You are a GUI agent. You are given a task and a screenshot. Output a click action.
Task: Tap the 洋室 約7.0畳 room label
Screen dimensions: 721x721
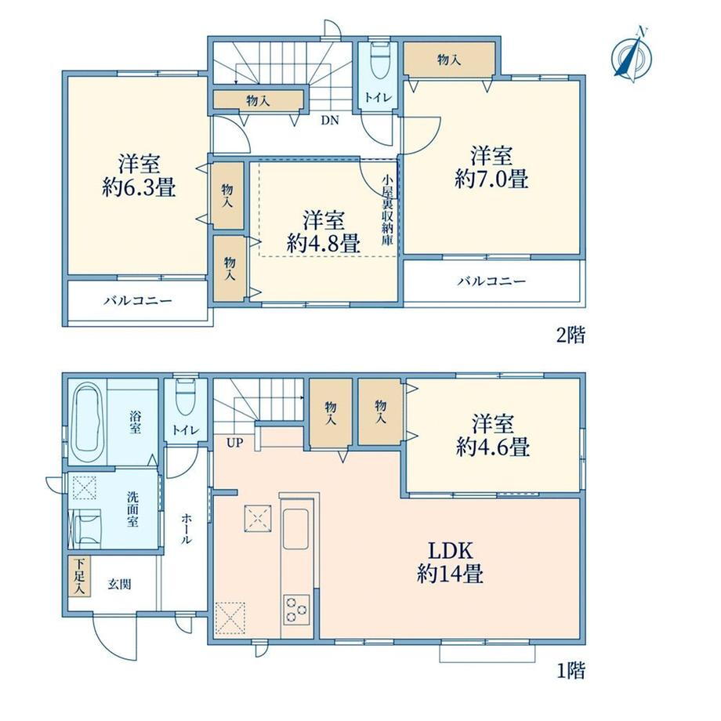[491, 167]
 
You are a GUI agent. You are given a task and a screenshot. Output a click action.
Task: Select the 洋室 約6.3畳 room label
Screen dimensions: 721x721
[139, 176]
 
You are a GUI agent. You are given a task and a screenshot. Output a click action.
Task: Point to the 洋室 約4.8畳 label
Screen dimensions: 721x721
[323, 232]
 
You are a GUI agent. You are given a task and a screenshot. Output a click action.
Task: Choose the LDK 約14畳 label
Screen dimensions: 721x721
[450, 562]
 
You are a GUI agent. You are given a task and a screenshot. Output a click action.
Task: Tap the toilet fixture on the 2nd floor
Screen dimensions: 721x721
[379, 60]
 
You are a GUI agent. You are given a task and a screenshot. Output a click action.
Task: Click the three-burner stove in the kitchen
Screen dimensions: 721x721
[295, 610]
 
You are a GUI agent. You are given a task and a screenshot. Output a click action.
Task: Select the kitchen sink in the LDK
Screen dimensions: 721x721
[295, 529]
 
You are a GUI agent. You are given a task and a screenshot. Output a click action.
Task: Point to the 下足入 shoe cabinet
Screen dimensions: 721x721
[79, 577]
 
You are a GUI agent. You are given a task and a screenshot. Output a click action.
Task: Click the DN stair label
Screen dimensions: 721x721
[330, 121]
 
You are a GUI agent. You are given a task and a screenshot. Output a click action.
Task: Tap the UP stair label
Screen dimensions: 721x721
[234, 444]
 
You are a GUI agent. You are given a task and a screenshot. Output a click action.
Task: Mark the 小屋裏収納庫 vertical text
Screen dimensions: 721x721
[386, 209]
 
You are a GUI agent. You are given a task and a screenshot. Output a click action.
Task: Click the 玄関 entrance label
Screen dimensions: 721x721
[120, 585]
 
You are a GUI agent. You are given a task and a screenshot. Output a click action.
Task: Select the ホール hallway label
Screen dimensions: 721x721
[187, 529]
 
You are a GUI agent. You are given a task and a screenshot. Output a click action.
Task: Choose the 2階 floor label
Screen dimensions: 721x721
[571, 335]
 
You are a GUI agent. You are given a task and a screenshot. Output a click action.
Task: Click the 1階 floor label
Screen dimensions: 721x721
[571, 670]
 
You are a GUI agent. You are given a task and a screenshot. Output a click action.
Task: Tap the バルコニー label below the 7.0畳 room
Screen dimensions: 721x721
[491, 281]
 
